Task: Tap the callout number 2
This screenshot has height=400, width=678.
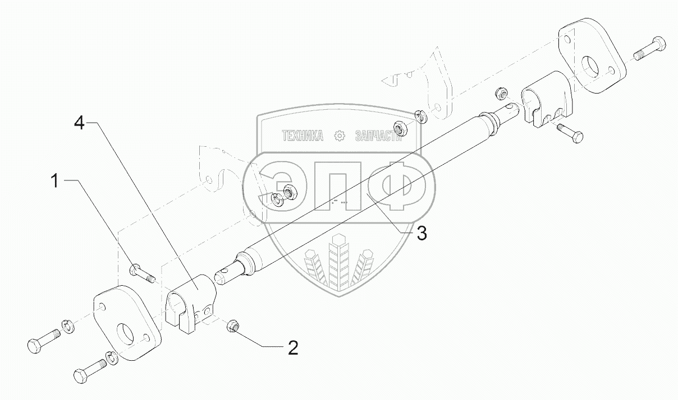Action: pyautogui.click(x=292, y=348)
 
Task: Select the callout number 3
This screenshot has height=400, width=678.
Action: pyautogui.click(x=421, y=234)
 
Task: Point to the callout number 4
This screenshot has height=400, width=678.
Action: pyautogui.click(x=80, y=123)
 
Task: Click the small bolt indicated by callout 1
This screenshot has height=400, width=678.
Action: pyautogui.click(x=141, y=273)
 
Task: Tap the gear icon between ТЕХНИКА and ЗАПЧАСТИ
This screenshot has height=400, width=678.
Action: pyautogui.click(x=339, y=136)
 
